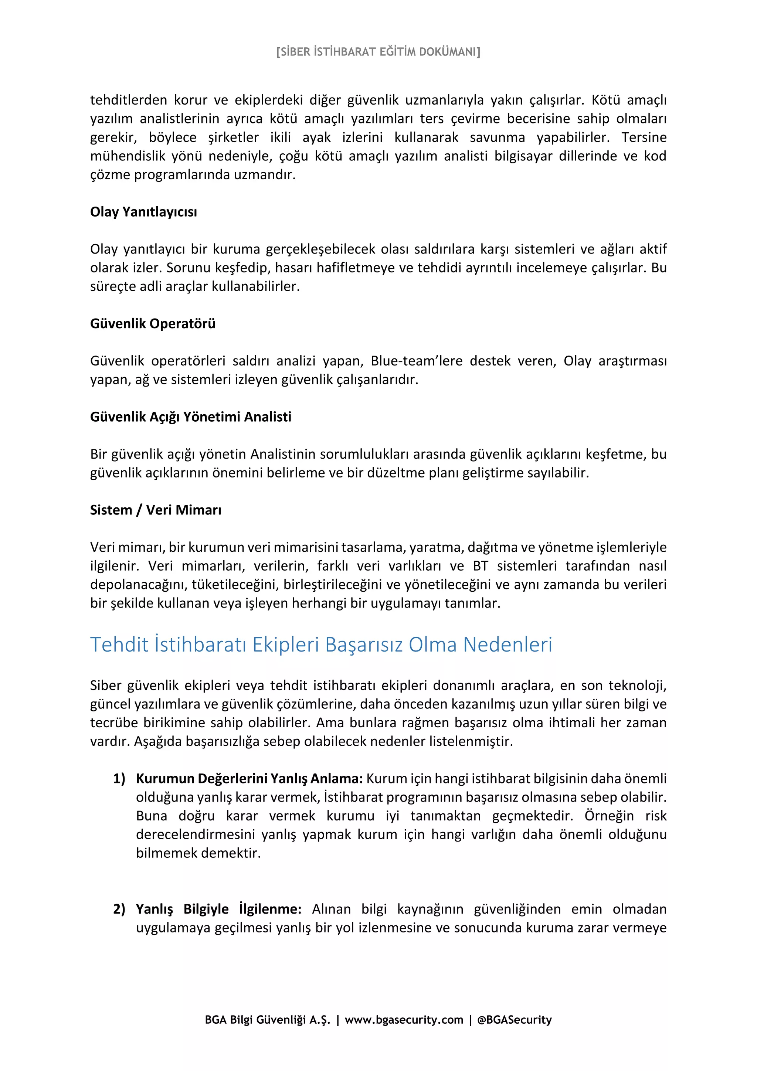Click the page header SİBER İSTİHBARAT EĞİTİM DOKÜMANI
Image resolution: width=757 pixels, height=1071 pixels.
click(x=378, y=52)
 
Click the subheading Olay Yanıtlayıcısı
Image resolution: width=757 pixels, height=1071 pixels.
click(x=143, y=212)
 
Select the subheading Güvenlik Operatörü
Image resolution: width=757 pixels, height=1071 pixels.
click(x=153, y=324)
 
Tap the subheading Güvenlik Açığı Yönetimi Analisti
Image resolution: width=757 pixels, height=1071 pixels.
click(x=190, y=416)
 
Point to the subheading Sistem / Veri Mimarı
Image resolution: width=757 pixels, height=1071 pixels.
click(x=155, y=510)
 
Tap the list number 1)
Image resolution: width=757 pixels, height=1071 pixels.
click(x=119, y=779)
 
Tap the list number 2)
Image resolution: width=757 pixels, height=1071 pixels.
click(x=119, y=909)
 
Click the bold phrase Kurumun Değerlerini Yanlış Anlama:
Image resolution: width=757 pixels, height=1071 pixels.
click(x=249, y=779)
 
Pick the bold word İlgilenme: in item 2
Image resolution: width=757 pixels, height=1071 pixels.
click(x=270, y=909)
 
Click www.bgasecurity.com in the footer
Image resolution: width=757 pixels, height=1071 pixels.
click(x=404, y=1020)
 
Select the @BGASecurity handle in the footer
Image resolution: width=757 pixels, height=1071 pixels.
click(x=515, y=1020)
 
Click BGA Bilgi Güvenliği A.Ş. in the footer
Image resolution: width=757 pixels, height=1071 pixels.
click(x=267, y=1020)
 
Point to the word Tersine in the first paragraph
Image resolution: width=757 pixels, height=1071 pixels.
click(x=644, y=137)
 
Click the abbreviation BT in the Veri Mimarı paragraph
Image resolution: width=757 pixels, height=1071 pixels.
click(x=481, y=566)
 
